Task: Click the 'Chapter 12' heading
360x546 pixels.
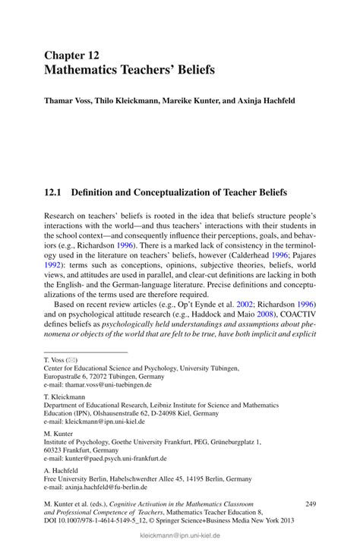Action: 73,55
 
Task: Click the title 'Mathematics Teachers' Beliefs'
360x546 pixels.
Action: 129,70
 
